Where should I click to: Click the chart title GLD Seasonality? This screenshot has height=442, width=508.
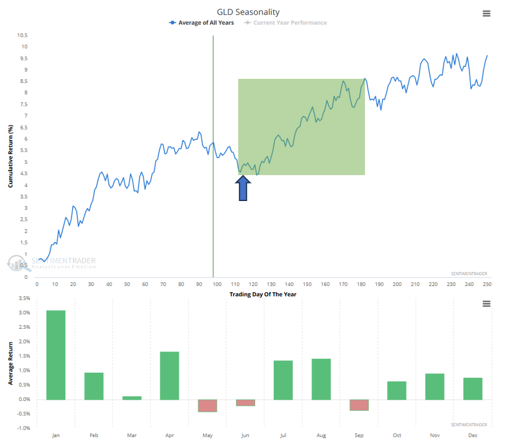(x=248, y=12)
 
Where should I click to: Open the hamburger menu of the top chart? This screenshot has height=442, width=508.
(x=487, y=14)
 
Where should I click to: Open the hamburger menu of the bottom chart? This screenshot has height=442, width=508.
(x=487, y=303)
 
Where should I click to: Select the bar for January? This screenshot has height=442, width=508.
(x=56, y=355)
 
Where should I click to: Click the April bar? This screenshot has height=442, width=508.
(x=170, y=376)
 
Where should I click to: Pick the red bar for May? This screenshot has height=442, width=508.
(x=207, y=405)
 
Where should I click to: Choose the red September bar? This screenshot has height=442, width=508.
(x=359, y=405)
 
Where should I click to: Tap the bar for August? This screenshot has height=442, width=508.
(x=321, y=379)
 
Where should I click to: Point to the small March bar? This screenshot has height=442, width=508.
(x=132, y=398)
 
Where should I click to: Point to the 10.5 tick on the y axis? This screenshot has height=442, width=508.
(x=22, y=35)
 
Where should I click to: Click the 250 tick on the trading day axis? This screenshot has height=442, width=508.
(x=487, y=284)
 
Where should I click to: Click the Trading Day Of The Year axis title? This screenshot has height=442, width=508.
(x=262, y=294)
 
